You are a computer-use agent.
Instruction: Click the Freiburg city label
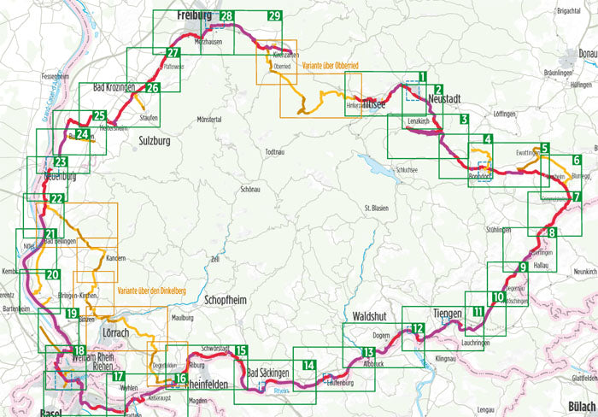click(193, 16)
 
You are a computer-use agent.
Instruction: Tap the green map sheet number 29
click(273, 16)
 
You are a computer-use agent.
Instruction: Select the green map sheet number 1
click(422, 79)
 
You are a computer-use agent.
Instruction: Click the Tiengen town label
click(448, 313)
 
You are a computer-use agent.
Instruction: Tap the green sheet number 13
click(368, 352)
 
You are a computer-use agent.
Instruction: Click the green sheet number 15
click(241, 350)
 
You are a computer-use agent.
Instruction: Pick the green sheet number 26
click(152, 87)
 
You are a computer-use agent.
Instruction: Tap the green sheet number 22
click(56, 199)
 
